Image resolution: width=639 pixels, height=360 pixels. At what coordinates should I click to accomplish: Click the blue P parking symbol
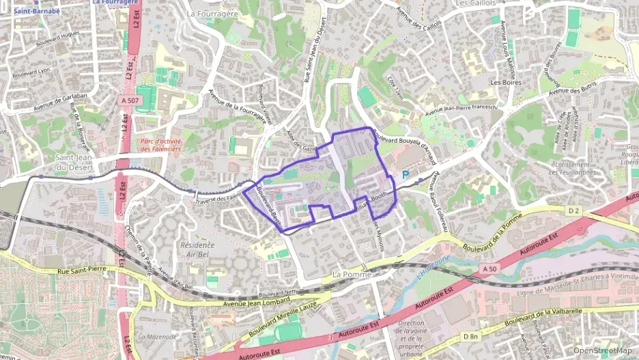pyautogui.click(x=405, y=176)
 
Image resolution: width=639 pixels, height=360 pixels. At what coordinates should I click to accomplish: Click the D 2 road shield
pyautogui.click(x=573, y=211)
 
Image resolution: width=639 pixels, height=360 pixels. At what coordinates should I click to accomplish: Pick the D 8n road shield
pyautogui.click(x=470, y=336)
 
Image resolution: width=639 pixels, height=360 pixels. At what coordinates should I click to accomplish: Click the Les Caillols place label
pyautogui.click(x=474, y=3)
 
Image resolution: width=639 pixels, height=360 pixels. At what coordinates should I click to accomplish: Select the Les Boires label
pyautogui.click(x=506, y=83)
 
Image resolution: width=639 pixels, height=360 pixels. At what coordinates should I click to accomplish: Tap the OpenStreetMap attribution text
pyautogui.click(x=603, y=350)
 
